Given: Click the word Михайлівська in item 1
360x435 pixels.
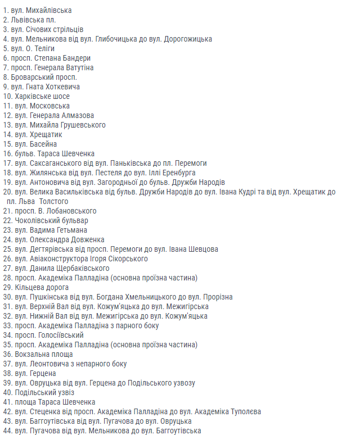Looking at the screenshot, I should [x=49, y=11].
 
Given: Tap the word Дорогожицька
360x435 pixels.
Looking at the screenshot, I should [x=188, y=39].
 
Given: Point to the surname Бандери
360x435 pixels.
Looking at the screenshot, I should [x=76, y=58].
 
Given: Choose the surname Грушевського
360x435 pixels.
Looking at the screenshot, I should [x=80, y=125].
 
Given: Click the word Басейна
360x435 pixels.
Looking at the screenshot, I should [x=43, y=144].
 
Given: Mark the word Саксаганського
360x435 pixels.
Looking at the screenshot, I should [x=53, y=164].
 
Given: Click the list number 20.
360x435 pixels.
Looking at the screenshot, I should [x=7, y=192].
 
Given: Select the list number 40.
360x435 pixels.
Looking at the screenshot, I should [x=7, y=393].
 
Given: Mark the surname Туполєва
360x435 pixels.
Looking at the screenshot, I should [x=244, y=412].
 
